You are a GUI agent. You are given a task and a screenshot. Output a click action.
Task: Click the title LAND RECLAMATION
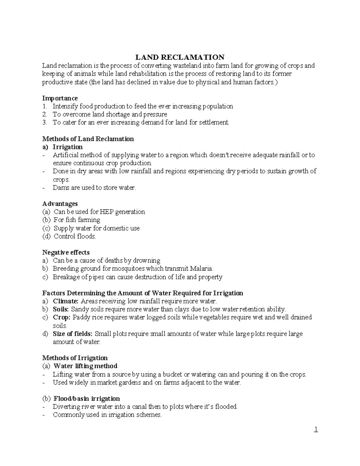180,57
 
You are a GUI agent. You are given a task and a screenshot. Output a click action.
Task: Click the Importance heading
60,98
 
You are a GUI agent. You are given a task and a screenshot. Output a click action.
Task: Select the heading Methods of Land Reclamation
88,139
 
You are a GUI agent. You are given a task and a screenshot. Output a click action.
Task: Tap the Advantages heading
60,203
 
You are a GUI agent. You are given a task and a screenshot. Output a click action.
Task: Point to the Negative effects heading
66,252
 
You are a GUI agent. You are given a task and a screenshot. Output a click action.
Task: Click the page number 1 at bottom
316,430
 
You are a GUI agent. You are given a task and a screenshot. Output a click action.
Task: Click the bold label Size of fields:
73,334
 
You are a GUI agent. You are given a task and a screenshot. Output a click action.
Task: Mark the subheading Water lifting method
85,366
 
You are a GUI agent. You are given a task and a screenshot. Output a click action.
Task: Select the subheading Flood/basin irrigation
86,398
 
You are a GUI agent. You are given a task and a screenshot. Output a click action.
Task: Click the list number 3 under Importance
45,122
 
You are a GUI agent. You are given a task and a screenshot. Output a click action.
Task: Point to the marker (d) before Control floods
46,236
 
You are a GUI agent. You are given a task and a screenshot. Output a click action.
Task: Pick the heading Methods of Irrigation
75,358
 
